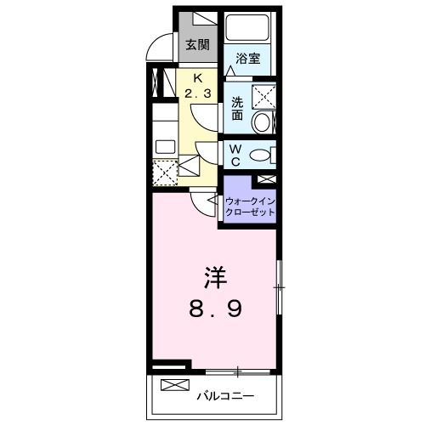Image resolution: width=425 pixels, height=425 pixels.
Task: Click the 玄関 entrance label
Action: pos(198,45)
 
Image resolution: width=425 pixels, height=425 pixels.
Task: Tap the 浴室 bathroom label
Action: pos(248,58)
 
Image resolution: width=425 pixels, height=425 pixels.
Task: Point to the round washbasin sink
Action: pos(263,122)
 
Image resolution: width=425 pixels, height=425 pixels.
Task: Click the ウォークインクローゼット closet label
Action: pos(250,207)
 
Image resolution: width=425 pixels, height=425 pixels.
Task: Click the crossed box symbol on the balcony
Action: pos(173,385)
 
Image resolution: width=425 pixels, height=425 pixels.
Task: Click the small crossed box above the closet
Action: pos(265,180)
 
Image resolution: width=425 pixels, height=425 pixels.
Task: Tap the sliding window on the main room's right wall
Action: pos(279,289)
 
